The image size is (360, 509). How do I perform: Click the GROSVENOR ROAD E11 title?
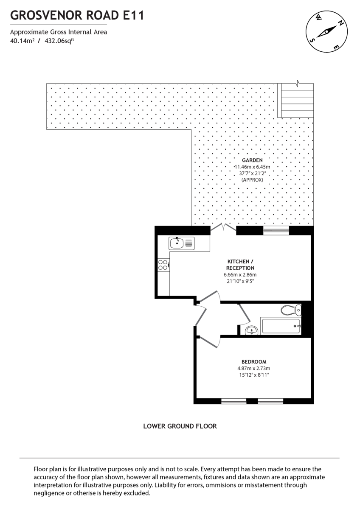(77, 16)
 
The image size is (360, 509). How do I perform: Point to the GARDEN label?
(252, 160)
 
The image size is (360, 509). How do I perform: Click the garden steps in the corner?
(295, 101)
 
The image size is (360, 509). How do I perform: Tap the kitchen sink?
(181, 243)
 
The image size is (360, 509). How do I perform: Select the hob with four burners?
(163, 265)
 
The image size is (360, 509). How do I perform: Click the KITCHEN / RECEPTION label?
(240, 265)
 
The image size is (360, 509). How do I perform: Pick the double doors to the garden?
(223, 229)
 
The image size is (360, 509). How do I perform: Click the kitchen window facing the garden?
(276, 230)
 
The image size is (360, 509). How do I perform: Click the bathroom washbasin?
(252, 330)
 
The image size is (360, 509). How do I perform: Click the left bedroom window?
(233, 401)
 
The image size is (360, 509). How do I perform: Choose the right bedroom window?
(270, 401)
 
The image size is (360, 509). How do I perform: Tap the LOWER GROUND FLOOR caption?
(180, 426)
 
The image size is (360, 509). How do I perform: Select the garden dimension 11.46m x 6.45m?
(253, 167)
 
